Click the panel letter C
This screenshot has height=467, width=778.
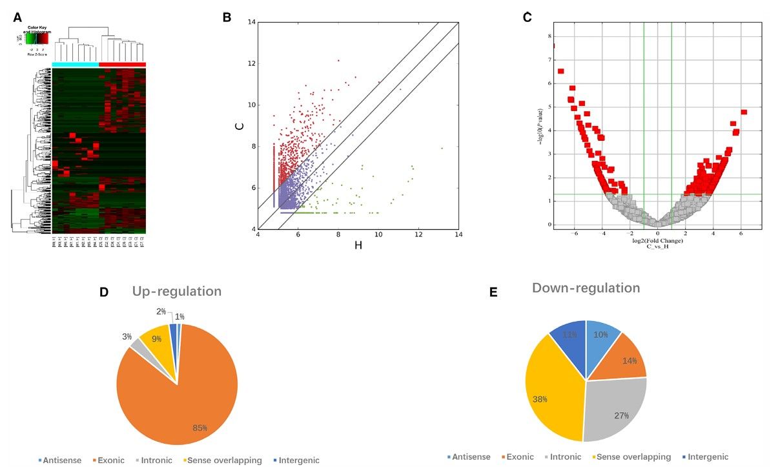coord(527,17)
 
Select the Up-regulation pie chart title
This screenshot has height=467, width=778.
coord(176,291)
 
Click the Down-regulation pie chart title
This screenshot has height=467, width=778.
coord(586,287)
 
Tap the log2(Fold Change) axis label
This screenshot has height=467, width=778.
coord(657,241)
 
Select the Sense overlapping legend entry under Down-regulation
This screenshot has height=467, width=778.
coord(633,457)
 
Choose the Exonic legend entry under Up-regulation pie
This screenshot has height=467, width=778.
coord(111,461)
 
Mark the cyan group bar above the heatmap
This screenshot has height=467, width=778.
coord(76,64)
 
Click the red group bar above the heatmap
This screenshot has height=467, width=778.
coord(123,64)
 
